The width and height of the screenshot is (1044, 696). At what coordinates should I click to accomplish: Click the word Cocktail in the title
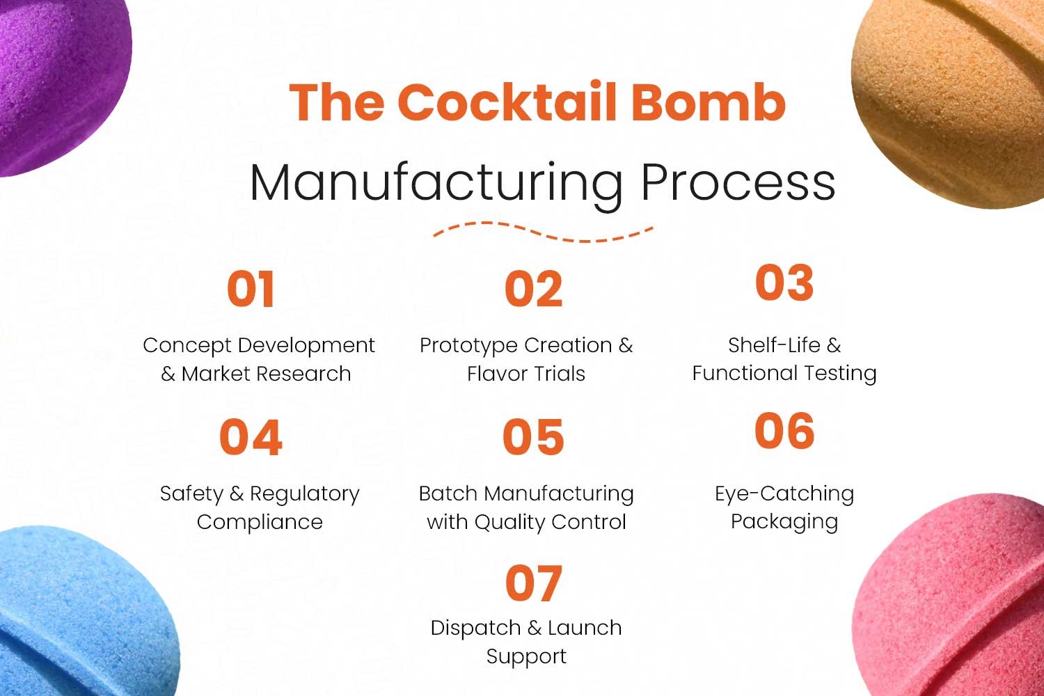(507, 102)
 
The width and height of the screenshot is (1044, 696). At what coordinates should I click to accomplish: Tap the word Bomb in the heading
(709, 102)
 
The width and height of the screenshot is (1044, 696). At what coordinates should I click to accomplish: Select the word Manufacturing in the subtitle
(436, 184)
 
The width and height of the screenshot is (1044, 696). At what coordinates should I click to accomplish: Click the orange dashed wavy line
(543, 232)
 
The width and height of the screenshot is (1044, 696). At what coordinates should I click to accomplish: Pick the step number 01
(251, 289)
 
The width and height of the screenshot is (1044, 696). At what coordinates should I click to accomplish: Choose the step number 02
(534, 289)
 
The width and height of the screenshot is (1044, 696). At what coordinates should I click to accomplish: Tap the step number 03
(784, 283)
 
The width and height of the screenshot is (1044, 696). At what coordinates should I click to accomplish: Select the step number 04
(251, 437)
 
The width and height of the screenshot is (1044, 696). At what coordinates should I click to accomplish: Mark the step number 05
(534, 437)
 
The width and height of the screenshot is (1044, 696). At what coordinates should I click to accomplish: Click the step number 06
(784, 431)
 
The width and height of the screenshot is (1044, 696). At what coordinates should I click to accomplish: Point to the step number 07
(534, 583)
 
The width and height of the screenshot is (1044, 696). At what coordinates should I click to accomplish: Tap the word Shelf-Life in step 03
(774, 345)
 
